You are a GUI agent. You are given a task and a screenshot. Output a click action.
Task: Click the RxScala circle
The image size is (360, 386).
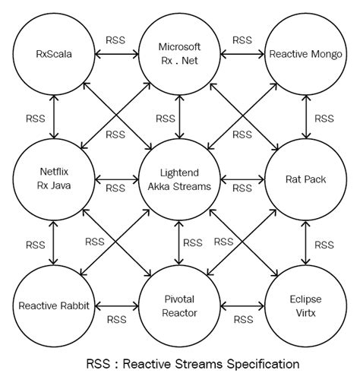click(x=54, y=53)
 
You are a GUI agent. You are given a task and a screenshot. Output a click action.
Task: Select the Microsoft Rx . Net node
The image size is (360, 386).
click(x=180, y=53)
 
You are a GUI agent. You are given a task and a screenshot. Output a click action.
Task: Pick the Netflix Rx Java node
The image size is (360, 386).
click(x=54, y=180)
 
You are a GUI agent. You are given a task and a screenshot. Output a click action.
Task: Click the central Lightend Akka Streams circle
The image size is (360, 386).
click(x=180, y=180)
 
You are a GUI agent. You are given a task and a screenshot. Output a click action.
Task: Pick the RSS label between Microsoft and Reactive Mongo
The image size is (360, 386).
click(x=242, y=40)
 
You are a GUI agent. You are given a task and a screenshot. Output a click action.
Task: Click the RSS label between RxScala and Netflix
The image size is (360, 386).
click(x=35, y=119)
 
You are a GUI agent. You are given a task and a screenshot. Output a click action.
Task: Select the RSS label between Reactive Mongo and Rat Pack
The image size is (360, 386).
click(x=324, y=119)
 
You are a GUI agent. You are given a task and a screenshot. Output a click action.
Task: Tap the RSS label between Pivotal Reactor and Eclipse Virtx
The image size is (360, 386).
click(x=242, y=320)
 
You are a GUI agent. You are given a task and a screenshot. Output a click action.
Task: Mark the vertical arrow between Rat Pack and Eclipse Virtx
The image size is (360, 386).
click(x=305, y=243)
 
